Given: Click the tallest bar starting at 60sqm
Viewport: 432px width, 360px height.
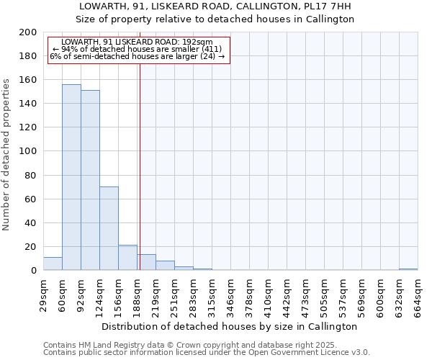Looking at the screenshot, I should pos(71,177).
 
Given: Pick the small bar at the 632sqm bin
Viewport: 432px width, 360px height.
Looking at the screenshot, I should pos(408,269).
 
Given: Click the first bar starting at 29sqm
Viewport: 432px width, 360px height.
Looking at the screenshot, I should pos(53,264).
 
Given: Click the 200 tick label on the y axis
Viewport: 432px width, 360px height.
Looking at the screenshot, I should pos(28,32).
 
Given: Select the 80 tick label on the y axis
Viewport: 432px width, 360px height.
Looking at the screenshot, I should pos(31,175).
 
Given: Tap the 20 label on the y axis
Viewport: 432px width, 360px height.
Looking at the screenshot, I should pos(31,246).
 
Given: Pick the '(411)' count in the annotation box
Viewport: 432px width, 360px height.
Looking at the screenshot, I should pos(218,49).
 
